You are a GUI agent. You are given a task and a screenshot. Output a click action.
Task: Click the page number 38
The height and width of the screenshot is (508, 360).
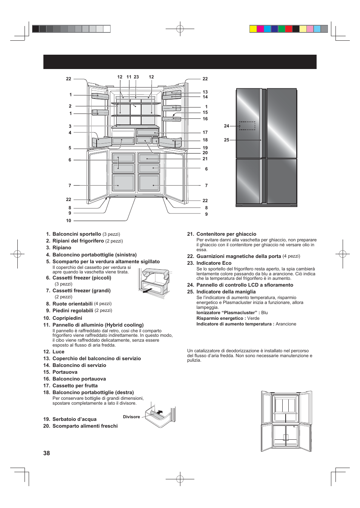pyautogui.click(x=46, y=453)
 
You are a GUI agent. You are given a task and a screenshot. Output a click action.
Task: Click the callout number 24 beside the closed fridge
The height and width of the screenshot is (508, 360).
pyautogui.click(x=226, y=126)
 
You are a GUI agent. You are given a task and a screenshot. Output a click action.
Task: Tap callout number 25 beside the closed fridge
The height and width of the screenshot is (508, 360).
pyautogui.click(x=226, y=140)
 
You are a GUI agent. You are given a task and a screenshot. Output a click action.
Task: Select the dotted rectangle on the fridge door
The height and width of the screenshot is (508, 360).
pyautogui.click(x=247, y=126)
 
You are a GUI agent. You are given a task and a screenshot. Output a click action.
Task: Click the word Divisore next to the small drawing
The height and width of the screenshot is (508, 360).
pyautogui.click(x=131, y=417)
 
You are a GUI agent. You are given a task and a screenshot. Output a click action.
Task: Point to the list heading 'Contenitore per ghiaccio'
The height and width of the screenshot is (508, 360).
pyautogui.click(x=226, y=234)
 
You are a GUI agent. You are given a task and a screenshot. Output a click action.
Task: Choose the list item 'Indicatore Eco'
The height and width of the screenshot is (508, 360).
pyautogui.click(x=214, y=263)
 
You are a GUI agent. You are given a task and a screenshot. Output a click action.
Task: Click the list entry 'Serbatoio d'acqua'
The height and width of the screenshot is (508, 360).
pyautogui.click(x=74, y=419)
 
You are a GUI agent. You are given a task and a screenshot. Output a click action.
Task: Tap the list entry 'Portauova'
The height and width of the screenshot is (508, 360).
pyautogui.click(x=65, y=372)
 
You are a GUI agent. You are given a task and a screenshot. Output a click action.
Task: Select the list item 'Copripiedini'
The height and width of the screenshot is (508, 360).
pyautogui.click(x=67, y=318)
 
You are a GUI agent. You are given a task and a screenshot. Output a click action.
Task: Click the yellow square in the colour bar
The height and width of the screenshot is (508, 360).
pyautogui.click(x=253, y=29)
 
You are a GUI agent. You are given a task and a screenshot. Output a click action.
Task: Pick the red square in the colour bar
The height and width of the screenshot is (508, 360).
pyautogui.click(x=289, y=29)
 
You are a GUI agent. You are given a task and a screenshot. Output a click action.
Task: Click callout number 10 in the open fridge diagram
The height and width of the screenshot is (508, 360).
pyautogui.click(x=69, y=221)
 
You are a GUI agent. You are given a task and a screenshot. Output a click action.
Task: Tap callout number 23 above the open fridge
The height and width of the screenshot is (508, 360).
pyautogui.click(x=136, y=77)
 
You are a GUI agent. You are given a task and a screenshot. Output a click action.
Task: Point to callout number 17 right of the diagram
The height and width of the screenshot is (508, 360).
pyautogui.click(x=205, y=132)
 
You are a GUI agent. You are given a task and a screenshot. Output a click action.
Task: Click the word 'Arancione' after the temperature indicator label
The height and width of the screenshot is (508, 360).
pyautogui.click(x=286, y=324)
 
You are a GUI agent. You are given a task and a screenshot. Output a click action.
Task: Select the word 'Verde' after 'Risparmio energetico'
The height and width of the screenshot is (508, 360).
pyautogui.click(x=253, y=318)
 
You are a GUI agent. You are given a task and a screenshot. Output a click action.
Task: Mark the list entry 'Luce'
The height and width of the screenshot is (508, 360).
pyautogui.click(x=58, y=351)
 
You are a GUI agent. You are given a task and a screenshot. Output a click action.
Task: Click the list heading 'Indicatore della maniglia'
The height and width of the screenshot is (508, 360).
pyautogui.click(x=226, y=292)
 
